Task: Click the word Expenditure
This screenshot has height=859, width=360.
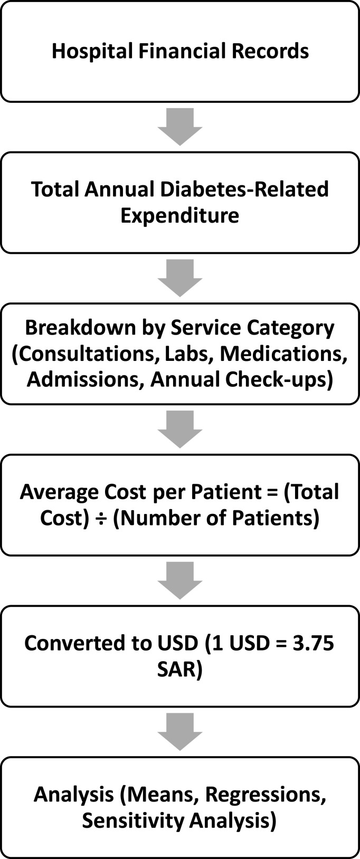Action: click(179, 215)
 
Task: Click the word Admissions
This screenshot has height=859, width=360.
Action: click(85, 380)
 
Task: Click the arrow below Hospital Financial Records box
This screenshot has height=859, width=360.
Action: click(180, 127)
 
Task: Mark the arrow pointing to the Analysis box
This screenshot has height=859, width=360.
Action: click(180, 731)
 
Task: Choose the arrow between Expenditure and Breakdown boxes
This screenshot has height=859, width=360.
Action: click(180, 278)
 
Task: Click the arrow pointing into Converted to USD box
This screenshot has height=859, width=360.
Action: click(180, 580)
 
